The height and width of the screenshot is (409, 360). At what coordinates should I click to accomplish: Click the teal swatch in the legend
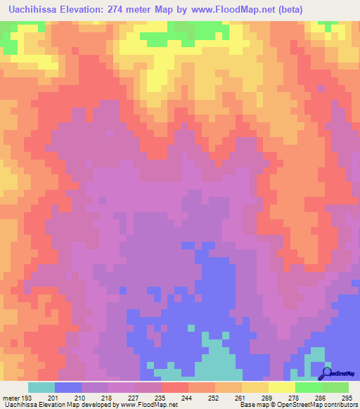[x=41, y=387]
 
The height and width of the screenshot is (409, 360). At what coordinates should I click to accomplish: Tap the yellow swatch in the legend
[x=281, y=387]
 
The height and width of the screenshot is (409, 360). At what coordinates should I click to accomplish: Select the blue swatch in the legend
[x=68, y=387]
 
